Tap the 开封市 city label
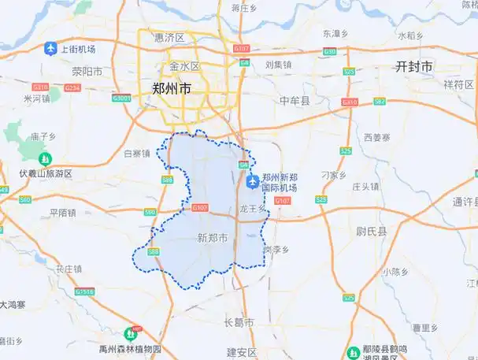tap(414, 68)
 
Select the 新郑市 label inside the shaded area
tap(213, 237)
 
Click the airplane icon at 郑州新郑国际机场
tap(252, 183)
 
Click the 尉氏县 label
tap(372, 231)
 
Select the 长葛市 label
tap(239, 323)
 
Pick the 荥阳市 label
tap(87, 70)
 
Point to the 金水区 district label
tap(184, 66)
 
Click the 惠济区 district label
tap(169, 37)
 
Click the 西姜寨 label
tap(376, 137)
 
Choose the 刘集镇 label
tap(278, 65)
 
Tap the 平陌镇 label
tap(62, 213)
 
